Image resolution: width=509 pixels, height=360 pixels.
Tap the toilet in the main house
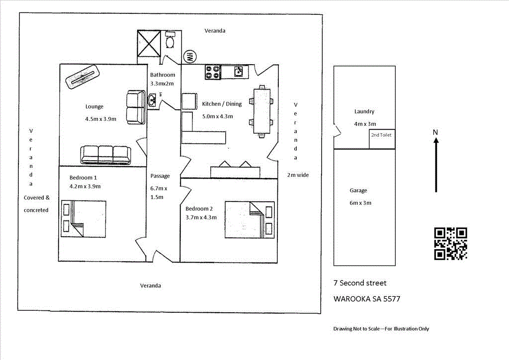170,39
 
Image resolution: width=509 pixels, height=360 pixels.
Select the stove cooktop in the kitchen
213,72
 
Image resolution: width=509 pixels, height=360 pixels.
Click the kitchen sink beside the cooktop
238,72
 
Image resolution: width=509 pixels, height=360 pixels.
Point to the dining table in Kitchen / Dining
261,111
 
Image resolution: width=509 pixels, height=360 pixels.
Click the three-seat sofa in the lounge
105,155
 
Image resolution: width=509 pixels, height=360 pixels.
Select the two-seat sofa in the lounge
136,107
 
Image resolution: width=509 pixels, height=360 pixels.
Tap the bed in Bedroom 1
84,219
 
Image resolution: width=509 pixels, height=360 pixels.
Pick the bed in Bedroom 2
250,220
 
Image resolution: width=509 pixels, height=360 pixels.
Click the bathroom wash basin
152,100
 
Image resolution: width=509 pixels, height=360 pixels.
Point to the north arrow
436,165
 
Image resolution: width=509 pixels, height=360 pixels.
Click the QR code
450,244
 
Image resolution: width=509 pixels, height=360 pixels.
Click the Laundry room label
364,111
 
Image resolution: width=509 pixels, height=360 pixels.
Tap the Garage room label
358,190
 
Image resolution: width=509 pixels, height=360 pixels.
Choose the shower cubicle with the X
149,44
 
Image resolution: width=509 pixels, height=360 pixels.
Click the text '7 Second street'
360,283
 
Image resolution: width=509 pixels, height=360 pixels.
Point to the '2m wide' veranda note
298,175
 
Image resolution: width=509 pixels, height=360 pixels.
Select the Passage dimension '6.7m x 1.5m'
159,192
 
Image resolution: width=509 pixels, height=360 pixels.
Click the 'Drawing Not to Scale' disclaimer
381,329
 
